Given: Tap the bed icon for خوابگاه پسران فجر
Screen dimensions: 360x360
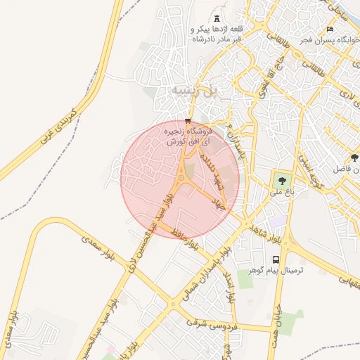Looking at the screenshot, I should pyautogui.click(x=330, y=30).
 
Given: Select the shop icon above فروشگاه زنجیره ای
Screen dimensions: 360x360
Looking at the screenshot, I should pyautogui.click(x=187, y=120).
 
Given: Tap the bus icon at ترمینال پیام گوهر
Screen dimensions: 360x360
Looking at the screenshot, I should pyautogui.click(x=276, y=259).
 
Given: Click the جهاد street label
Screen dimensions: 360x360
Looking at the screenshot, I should pyautogui.click(x=219, y=203).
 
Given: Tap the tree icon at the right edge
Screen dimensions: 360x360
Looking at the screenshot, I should pyautogui.click(x=354, y=157).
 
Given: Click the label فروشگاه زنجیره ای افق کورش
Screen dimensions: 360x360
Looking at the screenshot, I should pyautogui.click(x=188, y=136).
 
